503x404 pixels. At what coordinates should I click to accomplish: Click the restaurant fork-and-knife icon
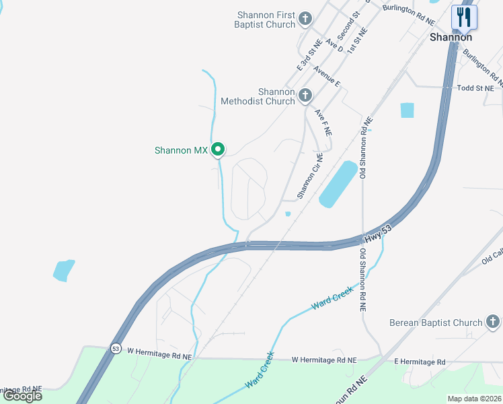point(464,17)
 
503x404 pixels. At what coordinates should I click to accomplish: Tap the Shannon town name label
point(451,38)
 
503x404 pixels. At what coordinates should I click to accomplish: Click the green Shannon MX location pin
point(218,149)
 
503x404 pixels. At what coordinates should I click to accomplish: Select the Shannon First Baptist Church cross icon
point(305,18)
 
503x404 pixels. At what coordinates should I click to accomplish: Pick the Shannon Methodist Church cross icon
point(305,95)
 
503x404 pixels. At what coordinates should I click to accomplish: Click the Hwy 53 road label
point(378,234)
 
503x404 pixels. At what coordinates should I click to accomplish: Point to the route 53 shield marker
point(116,349)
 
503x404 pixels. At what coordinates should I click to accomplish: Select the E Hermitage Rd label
point(420,362)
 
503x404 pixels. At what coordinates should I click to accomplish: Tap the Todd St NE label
point(475,88)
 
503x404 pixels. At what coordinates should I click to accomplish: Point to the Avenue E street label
point(327,78)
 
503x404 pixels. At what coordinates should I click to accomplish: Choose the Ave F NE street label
point(323,123)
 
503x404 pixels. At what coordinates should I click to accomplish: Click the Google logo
point(22,396)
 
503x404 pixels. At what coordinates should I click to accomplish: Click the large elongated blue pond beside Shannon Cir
point(338,184)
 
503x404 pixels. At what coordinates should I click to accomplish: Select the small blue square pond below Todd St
point(407,110)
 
